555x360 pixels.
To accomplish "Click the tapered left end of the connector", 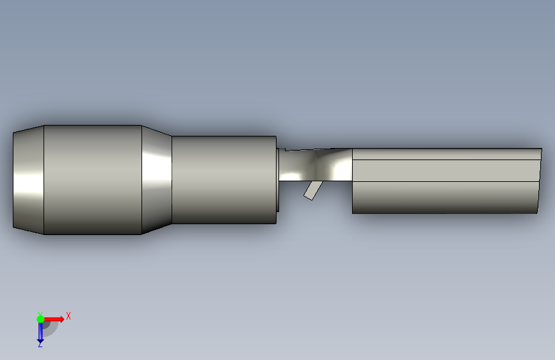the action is click(x=28, y=179).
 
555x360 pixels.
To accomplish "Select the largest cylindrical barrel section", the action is click(x=93, y=179).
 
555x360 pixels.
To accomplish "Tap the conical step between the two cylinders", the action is click(x=157, y=179).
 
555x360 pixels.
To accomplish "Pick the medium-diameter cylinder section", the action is click(x=224, y=179).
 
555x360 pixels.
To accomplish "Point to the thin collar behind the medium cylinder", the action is click(x=278, y=180).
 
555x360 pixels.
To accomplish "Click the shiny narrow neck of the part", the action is click(x=316, y=165).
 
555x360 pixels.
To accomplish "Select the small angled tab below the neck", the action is click(x=313, y=191).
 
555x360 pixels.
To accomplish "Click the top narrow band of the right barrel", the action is click(x=447, y=154).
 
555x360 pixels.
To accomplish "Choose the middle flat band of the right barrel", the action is click(x=446, y=170).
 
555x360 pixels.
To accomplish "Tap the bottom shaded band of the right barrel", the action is click(x=446, y=197).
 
